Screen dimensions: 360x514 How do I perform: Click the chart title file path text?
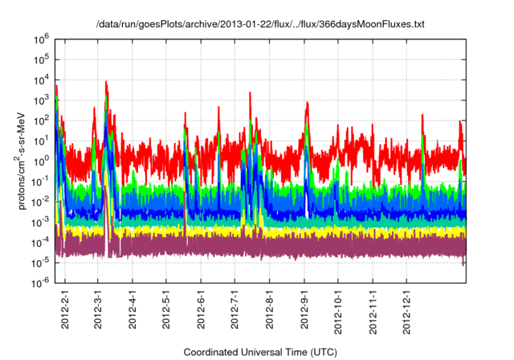[257, 24]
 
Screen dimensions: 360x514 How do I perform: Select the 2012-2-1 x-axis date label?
[64, 308]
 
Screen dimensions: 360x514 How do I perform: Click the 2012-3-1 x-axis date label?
[97, 308]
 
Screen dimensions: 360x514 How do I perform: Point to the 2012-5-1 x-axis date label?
[166, 308]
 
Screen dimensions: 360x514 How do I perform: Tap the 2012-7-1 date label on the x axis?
[235, 308]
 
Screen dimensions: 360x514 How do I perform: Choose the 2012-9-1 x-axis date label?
[304, 308]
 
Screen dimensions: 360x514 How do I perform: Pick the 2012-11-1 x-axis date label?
[373, 306]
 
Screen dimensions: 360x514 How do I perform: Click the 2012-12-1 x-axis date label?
[407, 306]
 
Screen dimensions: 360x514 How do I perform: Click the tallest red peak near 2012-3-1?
[106, 81]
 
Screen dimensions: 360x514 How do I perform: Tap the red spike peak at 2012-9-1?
[307, 107]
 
